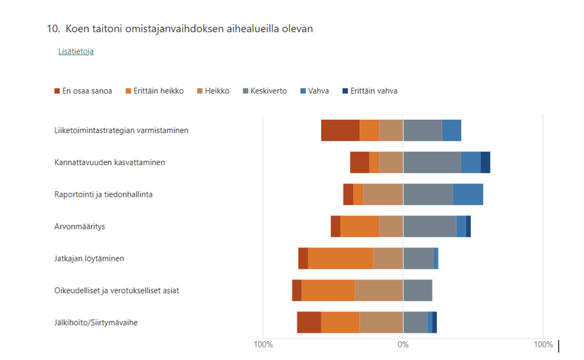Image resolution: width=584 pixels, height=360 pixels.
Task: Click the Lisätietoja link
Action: click(x=76, y=51)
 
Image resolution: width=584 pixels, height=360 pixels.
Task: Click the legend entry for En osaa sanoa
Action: click(x=83, y=91)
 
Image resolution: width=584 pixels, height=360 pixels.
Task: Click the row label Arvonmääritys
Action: click(x=80, y=226)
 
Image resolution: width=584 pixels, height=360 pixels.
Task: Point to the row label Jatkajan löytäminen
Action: click(x=89, y=258)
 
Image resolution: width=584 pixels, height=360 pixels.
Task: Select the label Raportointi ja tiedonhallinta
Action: click(x=103, y=195)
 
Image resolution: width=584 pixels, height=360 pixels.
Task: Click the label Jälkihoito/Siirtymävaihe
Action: click(x=96, y=322)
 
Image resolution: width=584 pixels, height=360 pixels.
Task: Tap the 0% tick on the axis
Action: click(x=403, y=345)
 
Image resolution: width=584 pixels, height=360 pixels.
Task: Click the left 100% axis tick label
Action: click(x=263, y=345)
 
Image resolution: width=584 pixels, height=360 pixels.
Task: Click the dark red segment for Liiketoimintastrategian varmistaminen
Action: click(x=340, y=130)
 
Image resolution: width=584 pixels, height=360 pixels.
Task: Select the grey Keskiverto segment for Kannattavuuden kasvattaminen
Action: click(x=432, y=163)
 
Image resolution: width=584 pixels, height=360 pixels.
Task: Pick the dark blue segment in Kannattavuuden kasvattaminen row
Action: click(x=485, y=163)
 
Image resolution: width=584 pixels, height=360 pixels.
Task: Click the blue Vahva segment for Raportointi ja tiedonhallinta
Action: click(x=468, y=195)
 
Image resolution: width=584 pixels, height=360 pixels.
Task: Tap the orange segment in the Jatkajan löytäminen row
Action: click(x=340, y=258)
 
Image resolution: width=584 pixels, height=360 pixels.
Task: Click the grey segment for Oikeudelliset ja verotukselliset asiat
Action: click(x=417, y=290)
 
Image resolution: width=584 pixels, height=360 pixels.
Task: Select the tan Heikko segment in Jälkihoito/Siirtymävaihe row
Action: click(x=381, y=322)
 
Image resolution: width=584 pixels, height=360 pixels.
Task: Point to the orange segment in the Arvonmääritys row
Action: click(x=359, y=226)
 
